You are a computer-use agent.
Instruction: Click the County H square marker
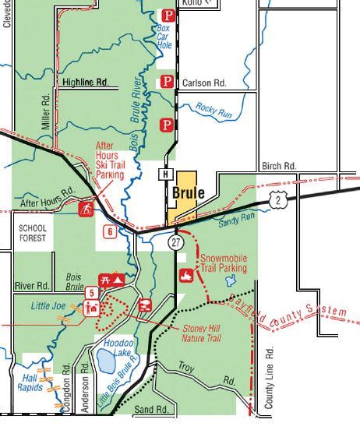point(166,174)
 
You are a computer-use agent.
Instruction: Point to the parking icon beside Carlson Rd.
point(166,82)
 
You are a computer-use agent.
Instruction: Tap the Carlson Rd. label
point(203,83)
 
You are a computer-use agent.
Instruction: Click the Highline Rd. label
point(84,82)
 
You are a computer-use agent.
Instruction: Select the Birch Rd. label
point(279,166)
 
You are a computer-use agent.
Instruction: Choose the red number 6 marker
point(110,231)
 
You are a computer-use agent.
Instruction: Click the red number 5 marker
point(91,293)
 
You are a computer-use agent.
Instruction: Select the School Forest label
point(33,233)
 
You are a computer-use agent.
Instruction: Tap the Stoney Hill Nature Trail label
point(202,333)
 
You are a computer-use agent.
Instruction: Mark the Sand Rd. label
point(151,409)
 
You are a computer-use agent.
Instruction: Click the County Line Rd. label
point(270,377)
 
